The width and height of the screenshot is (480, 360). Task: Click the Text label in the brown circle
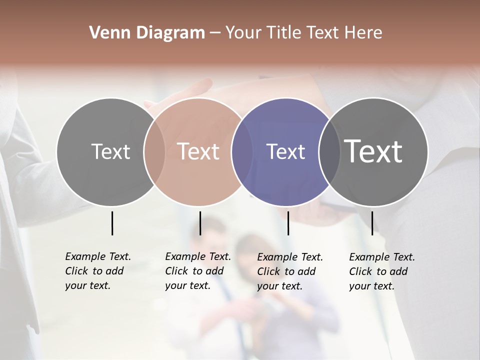point(198,151)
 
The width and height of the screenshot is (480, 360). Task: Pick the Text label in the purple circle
point(285,151)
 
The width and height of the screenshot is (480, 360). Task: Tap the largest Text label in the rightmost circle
point(373,151)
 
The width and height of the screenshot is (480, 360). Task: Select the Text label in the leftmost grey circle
point(110,151)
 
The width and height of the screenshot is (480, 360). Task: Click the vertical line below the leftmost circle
point(112,223)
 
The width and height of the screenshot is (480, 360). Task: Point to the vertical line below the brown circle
point(200,223)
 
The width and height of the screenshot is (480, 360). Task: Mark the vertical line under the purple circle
point(288,223)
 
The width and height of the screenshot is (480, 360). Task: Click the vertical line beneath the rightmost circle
point(372,223)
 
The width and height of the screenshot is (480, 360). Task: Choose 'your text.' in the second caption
point(187,285)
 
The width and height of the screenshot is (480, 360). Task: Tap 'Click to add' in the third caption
point(286,271)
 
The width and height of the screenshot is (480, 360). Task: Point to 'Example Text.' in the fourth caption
point(382,257)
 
